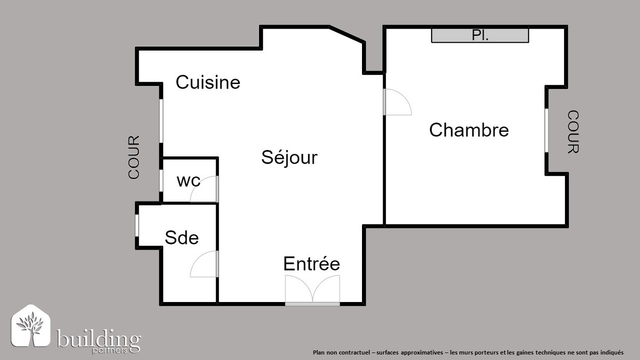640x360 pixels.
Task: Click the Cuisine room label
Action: coord(207,82)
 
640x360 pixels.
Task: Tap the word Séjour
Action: coord(289,157)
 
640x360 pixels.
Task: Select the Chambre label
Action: coord(469,130)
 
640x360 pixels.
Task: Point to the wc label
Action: coord(188,181)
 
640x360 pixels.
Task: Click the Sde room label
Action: coord(181,237)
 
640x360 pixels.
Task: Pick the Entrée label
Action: coord(311,263)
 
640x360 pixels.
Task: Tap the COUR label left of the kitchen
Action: coord(133,157)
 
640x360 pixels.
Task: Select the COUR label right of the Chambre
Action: coord(573,131)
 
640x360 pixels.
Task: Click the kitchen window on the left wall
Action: coord(161,121)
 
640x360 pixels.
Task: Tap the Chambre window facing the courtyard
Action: coord(546,130)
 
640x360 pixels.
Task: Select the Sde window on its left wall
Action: coord(137,225)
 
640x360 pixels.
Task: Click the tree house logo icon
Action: coord(30,326)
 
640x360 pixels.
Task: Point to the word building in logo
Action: coord(98,339)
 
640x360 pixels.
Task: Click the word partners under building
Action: coord(109,350)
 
